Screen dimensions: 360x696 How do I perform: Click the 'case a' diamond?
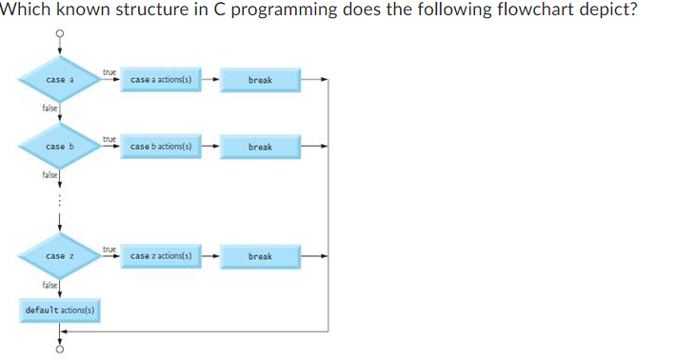(x=59, y=80)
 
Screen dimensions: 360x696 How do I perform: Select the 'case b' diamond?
(x=59, y=147)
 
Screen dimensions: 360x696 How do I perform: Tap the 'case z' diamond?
(x=59, y=256)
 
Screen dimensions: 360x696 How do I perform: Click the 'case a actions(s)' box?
(x=163, y=80)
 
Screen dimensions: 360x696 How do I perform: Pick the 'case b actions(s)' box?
(x=163, y=147)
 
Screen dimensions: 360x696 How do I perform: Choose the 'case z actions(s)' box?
(x=163, y=256)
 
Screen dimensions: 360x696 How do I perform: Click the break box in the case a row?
(x=260, y=80)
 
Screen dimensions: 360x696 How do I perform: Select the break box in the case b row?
(x=260, y=147)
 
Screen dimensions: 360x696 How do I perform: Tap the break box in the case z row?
(x=260, y=256)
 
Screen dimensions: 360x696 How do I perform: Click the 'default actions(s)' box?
(x=63, y=310)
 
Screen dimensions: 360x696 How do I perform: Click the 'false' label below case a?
(x=49, y=109)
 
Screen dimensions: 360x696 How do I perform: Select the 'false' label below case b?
(x=49, y=175)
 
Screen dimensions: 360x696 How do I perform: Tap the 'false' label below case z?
(x=49, y=285)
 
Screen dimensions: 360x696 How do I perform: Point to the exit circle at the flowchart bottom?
(x=60, y=349)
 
